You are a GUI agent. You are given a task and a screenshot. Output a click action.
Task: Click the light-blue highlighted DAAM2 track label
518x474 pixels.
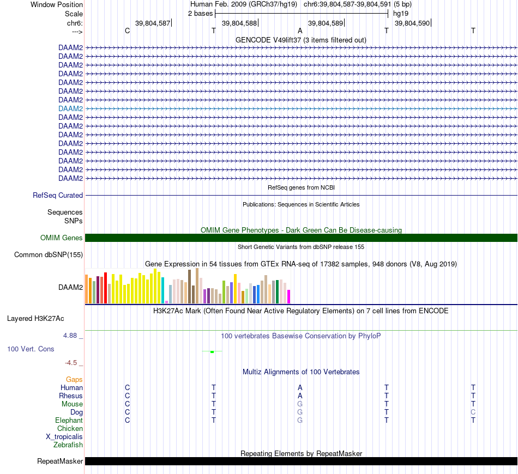click(71, 108)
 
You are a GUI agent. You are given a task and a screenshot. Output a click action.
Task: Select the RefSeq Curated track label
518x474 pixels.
click(58, 195)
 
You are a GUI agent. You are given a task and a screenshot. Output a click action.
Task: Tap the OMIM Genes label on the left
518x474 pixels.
click(62, 238)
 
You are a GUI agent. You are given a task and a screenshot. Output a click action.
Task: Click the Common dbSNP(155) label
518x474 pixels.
click(49, 254)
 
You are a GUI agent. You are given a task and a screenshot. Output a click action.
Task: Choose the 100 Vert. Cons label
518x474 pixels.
click(31, 348)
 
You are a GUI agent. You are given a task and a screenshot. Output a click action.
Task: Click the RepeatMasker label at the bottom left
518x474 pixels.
click(60, 461)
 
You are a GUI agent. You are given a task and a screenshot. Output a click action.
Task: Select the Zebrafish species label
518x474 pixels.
click(68, 445)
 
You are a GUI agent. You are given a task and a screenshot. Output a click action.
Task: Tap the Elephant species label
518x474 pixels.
click(69, 420)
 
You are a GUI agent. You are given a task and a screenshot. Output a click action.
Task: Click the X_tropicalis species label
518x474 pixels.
click(64, 436)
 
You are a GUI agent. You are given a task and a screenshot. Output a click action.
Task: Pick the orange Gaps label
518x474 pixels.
click(74, 379)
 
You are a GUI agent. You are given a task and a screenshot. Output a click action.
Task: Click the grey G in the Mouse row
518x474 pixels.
click(300, 404)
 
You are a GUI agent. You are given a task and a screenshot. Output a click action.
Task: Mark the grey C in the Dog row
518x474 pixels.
click(473, 412)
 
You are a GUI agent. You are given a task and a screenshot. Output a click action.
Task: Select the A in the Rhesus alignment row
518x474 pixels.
click(300, 396)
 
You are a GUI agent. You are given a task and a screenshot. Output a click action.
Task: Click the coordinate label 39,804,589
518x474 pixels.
click(326, 23)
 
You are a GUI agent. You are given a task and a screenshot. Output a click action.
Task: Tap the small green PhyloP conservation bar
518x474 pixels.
click(212, 351)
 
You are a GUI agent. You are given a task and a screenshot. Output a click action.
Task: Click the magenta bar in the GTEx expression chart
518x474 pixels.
click(289, 296)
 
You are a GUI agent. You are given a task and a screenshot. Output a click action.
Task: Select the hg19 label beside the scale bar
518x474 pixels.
click(401, 13)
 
